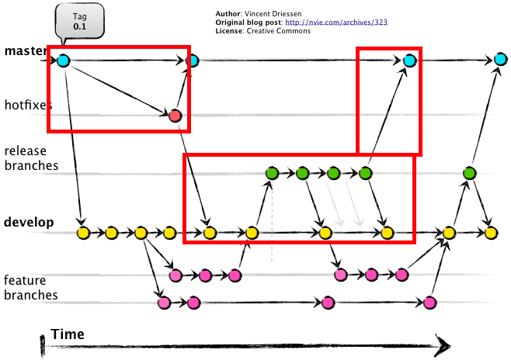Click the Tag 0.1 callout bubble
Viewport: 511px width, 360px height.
(x=79, y=22)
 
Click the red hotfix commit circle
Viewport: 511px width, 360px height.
(x=175, y=116)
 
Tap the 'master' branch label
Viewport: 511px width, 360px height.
(x=24, y=51)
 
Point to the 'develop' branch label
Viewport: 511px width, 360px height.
(x=29, y=223)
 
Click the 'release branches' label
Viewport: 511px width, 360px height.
(x=31, y=158)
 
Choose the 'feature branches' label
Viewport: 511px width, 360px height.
(x=31, y=288)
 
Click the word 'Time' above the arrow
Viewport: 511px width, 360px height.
(x=68, y=334)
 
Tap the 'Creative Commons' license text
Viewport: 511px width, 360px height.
(x=273, y=31)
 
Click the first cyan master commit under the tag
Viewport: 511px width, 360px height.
(x=63, y=60)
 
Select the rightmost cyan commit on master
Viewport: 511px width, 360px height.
(x=499, y=60)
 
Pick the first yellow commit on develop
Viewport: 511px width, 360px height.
(x=82, y=232)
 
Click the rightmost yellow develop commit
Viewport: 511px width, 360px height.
(x=490, y=232)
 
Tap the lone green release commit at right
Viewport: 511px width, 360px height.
(x=469, y=173)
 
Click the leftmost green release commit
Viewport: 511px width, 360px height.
(x=272, y=173)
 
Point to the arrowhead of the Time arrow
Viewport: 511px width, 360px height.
(x=443, y=344)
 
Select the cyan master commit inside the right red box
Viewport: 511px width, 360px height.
(x=409, y=60)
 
